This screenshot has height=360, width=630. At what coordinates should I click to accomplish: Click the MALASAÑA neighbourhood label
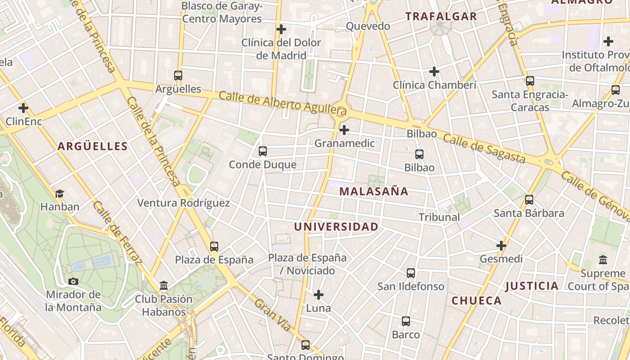(x=373, y=191)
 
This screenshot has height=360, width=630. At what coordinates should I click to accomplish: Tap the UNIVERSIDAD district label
(x=336, y=227)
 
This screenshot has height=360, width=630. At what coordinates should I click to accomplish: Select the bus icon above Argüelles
(x=178, y=76)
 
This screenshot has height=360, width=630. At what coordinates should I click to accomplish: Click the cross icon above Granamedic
(x=344, y=130)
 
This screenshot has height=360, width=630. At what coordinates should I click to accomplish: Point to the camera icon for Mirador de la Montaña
(x=73, y=282)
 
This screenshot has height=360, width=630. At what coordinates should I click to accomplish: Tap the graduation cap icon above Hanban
(x=59, y=194)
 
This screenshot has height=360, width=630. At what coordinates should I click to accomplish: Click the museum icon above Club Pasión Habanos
(x=164, y=286)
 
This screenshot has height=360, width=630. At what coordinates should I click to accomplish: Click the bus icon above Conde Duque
(x=263, y=151)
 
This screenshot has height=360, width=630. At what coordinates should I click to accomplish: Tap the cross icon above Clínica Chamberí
(x=434, y=72)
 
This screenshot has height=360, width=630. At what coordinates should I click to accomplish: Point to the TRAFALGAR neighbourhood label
(x=441, y=17)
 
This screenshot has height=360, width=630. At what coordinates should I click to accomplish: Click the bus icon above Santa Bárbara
(x=529, y=199)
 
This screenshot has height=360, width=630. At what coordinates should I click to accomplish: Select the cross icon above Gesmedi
(x=501, y=246)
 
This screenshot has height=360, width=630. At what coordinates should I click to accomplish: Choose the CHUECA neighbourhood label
(x=476, y=301)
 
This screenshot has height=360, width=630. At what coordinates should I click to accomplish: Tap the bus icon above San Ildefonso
(x=411, y=273)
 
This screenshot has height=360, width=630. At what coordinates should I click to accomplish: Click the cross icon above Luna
(x=319, y=295)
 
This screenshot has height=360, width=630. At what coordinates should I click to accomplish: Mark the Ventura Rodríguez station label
(x=183, y=203)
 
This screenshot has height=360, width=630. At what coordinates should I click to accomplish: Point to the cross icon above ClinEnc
(x=23, y=108)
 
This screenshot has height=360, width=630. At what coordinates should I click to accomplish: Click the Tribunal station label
(x=439, y=217)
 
